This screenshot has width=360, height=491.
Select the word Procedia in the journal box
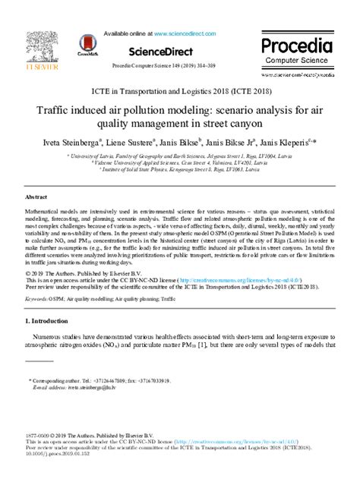click(x=301, y=43)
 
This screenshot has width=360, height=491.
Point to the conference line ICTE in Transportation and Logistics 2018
click(x=180, y=90)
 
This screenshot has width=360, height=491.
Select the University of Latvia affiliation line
click(x=180, y=155)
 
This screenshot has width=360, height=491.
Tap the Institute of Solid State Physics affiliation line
click(x=180, y=170)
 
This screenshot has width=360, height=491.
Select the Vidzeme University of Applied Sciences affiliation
click(x=180, y=162)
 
